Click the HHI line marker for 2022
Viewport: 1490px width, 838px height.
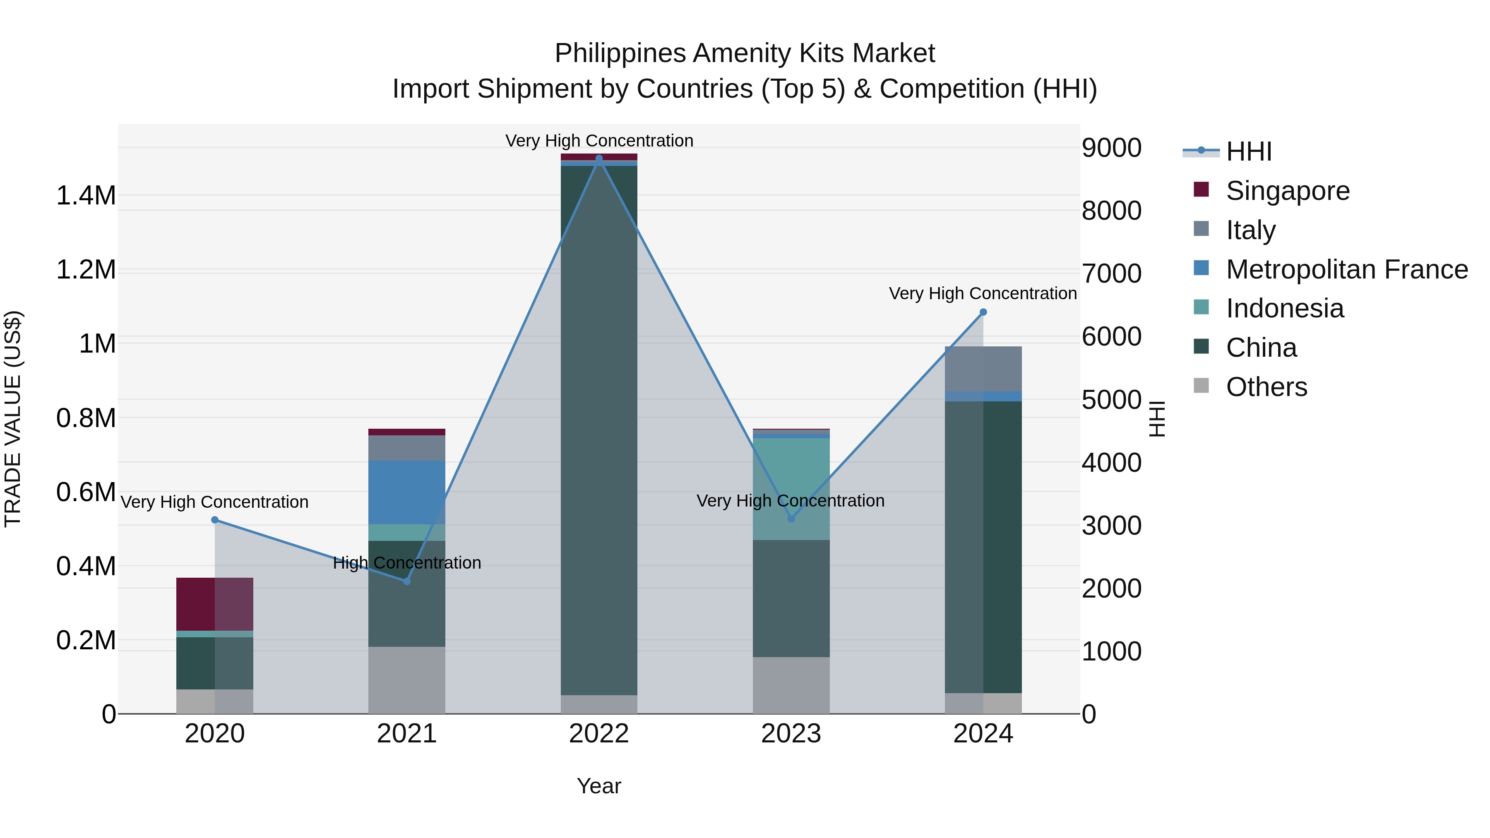pos(598,158)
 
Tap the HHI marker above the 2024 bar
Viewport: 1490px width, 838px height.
pos(983,312)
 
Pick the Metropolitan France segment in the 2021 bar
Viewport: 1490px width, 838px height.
pos(406,492)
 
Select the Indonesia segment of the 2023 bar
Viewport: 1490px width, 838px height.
pos(791,489)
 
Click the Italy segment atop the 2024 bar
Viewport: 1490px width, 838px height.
pos(983,369)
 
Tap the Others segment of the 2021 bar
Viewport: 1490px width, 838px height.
pos(406,680)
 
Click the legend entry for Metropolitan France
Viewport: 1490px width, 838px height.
pos(1346,269)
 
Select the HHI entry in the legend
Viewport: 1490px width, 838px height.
pos(1248,151)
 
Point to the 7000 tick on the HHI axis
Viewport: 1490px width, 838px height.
pos(1111,274)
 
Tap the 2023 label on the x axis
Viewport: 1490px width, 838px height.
pos(791,734)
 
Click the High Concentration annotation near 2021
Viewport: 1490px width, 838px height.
pos(406,563)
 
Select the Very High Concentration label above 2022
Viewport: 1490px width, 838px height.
pos(598,141)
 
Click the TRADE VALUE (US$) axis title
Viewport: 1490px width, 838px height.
pos(13,419)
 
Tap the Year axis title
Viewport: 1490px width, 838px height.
pos(598,786)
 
